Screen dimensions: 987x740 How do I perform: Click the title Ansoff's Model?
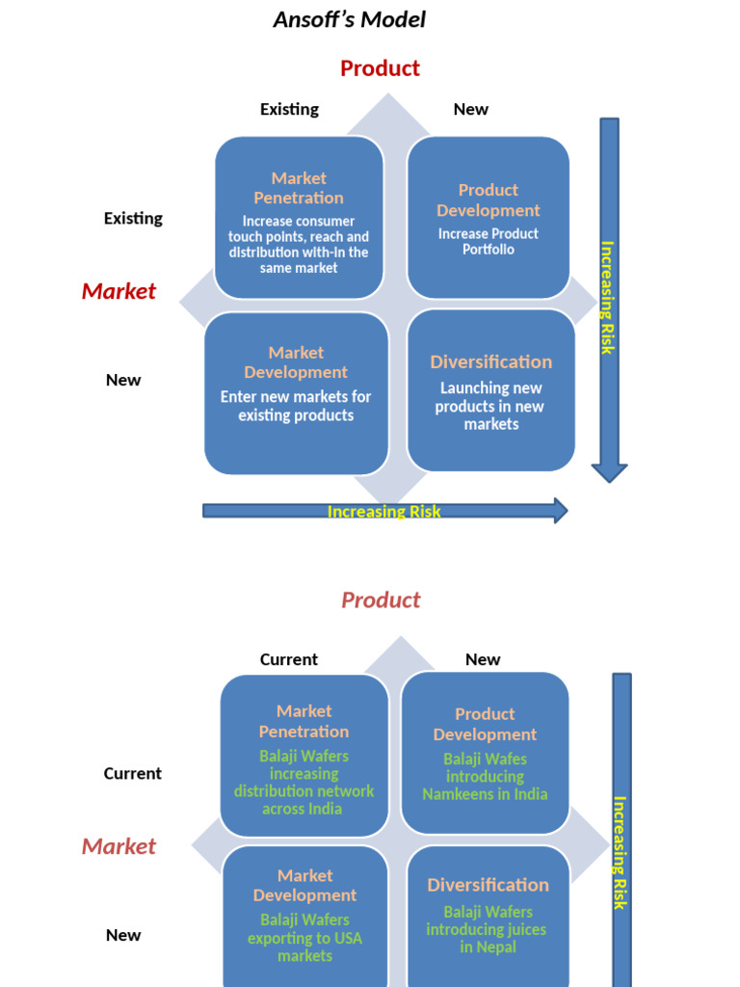pos(349,19)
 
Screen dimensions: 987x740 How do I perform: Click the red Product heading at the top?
pos(380,68)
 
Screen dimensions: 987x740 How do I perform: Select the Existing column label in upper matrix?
pos(289,109)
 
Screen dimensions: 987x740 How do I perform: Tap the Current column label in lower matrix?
pos(288,659)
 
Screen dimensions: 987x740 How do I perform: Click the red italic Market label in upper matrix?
pos(119,291)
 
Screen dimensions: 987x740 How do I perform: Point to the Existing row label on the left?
pos(133,218)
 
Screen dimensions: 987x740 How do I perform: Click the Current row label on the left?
pos(132,773)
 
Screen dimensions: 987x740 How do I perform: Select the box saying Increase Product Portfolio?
pos(489,218)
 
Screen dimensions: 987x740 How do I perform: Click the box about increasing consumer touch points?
pos(299,218)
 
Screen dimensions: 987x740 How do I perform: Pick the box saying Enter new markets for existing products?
pos(296,392)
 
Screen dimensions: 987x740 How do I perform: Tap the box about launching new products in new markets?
pos(490,390)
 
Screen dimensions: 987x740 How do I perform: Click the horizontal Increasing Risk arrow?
pos(383,511)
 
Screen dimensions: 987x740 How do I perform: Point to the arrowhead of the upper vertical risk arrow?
pos(609,471)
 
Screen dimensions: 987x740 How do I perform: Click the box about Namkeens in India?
pos(485,753)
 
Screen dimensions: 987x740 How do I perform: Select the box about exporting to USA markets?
pos(304,916)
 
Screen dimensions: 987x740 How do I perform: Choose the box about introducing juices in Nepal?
pos(488,916)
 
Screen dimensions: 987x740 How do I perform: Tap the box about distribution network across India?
pos(304,756)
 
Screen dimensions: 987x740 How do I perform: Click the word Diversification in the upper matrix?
pos(490,362)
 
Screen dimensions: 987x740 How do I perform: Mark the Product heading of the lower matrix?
pos(381,600)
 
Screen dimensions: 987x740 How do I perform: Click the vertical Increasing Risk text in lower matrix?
pos(620,852)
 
